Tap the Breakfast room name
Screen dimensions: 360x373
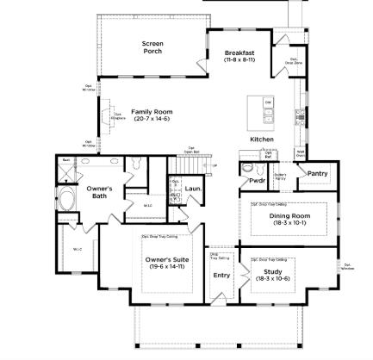[239, 53]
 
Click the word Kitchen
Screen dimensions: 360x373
[262, 139]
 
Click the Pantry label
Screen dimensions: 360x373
[317, 173]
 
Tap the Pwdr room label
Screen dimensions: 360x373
[257, 181]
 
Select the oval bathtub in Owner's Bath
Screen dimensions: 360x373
[67, 203]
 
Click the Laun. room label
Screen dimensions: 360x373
[193, 188]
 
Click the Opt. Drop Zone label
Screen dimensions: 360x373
[293, 61]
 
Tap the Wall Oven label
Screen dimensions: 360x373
[301, 152]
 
